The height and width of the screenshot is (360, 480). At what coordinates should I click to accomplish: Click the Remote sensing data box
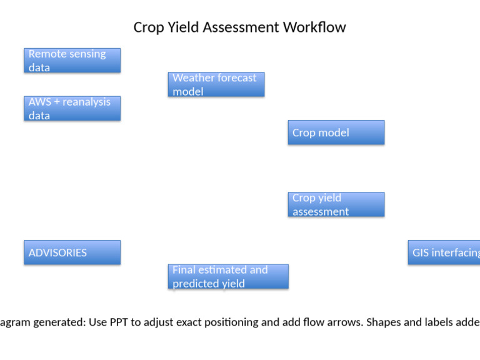click(x=72, y=61)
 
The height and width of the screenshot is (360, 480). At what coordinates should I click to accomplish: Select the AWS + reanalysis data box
click(x=72, y=108)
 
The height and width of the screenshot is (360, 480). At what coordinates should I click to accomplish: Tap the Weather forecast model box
click(x=216, y=84)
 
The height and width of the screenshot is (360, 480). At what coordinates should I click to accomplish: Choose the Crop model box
click(x=336, y=132)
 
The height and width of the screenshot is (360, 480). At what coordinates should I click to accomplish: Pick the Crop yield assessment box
click(x=336, y=204)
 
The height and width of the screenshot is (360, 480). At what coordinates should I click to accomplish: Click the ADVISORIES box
click(x=72, y=252)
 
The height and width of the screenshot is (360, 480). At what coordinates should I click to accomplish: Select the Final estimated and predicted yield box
click(x=228, y=276)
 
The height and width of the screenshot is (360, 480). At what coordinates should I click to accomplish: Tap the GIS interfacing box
click(x=444, y=252)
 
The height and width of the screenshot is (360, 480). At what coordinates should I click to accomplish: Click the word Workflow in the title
click(x=314, y=27)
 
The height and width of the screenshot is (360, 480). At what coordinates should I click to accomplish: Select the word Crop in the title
click(x=147, y=27)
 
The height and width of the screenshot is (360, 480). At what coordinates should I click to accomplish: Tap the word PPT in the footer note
click(x=120, y=322)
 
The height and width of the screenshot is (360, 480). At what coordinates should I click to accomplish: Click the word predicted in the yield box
click(x=194, y=284)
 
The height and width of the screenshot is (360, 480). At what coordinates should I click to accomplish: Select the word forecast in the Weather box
click(x=235, y=78)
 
